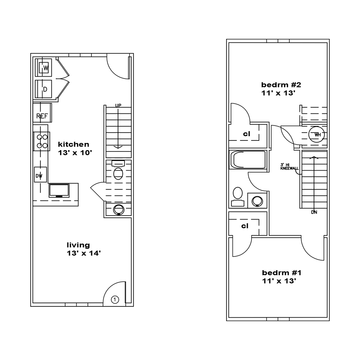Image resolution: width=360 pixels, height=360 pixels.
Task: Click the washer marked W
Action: [44, 68]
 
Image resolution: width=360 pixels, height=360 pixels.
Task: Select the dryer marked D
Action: [44, 89]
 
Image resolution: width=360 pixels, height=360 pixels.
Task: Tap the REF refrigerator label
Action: [42, 116]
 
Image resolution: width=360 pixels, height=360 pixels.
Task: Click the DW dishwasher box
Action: [40, 175]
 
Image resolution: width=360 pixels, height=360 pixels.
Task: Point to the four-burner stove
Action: [42, 141]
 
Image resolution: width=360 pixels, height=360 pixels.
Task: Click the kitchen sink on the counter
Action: [59, 190]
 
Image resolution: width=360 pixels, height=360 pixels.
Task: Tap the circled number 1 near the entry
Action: [115, 300]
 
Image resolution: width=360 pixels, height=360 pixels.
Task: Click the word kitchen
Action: [73, 144]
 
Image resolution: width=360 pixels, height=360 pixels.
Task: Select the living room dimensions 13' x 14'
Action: [84, 253]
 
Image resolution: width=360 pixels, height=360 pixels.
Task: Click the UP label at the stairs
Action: [118, 105]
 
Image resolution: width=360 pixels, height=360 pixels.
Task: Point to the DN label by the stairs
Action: [314, 212]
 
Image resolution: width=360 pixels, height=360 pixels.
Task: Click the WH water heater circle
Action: [316, 135]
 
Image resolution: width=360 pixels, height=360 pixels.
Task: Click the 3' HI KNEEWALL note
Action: [289, 167]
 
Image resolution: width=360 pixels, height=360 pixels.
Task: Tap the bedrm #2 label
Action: [281, 85]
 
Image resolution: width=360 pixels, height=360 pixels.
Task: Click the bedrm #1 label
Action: [282, 273]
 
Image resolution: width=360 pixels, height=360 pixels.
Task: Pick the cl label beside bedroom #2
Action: [247, 134]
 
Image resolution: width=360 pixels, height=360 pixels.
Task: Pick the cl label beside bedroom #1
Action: [245, 226]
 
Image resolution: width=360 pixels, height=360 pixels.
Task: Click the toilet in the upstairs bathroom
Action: [238, 197]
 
